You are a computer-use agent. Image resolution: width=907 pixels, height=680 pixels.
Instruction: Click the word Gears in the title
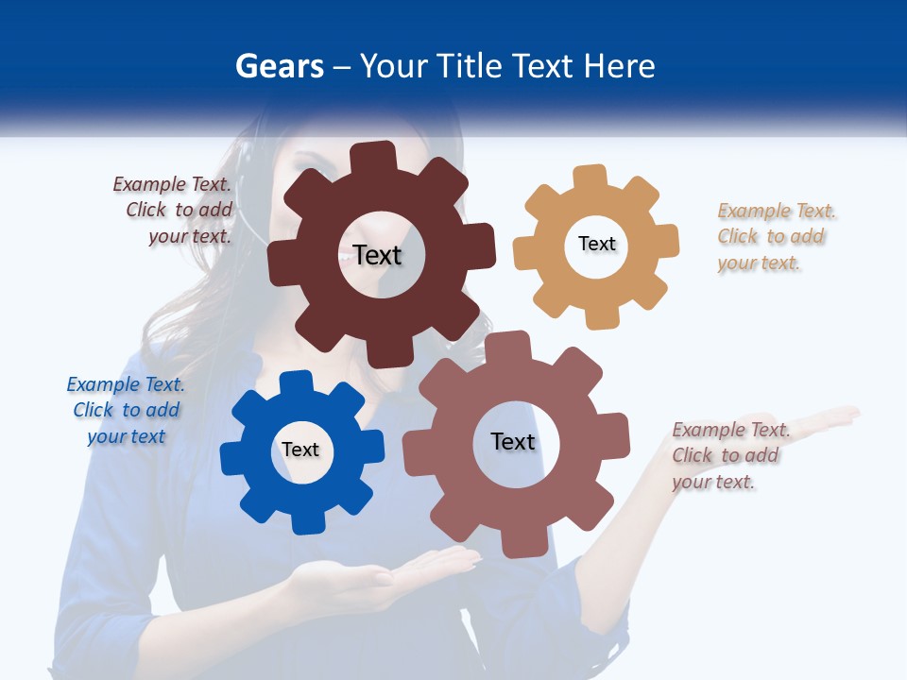click(280, 66)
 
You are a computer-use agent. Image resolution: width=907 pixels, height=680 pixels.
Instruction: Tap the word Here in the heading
click(619, 66)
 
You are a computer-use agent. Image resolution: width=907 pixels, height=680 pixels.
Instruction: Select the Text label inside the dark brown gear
click(377, 255)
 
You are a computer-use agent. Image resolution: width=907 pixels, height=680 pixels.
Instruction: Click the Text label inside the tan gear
click(596, 244)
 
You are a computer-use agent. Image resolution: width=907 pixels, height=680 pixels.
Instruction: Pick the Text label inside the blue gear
click(300, 450)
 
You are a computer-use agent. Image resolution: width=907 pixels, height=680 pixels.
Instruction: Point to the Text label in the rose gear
click(513, 441)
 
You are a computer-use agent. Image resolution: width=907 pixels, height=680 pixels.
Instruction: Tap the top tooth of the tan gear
click(590, 178)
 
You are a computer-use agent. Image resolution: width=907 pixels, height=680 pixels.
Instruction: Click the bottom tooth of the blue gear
click(306, 521)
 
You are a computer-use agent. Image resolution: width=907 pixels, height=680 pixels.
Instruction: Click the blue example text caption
click(126, 410)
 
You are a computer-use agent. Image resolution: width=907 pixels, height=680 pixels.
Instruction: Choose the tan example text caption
click(777, 236)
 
